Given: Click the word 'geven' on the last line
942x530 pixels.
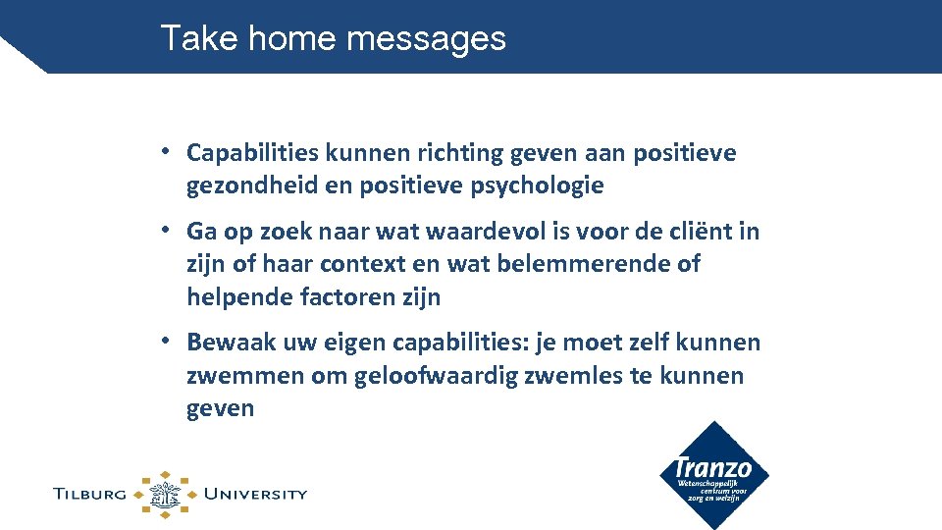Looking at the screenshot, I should [220, 407].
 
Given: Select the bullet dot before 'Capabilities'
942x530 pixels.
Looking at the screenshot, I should [168, 152].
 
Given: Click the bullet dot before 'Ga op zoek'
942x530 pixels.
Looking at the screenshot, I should [168, 231].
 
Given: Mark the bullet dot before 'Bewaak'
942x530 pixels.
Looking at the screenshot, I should [168, 342].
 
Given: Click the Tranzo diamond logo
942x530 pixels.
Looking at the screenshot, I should [713, 475].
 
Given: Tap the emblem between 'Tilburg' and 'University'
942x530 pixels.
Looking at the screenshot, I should [165, 494].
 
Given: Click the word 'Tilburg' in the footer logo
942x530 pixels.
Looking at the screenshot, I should [90, 494].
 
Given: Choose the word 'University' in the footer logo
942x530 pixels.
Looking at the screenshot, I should [254, 494].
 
